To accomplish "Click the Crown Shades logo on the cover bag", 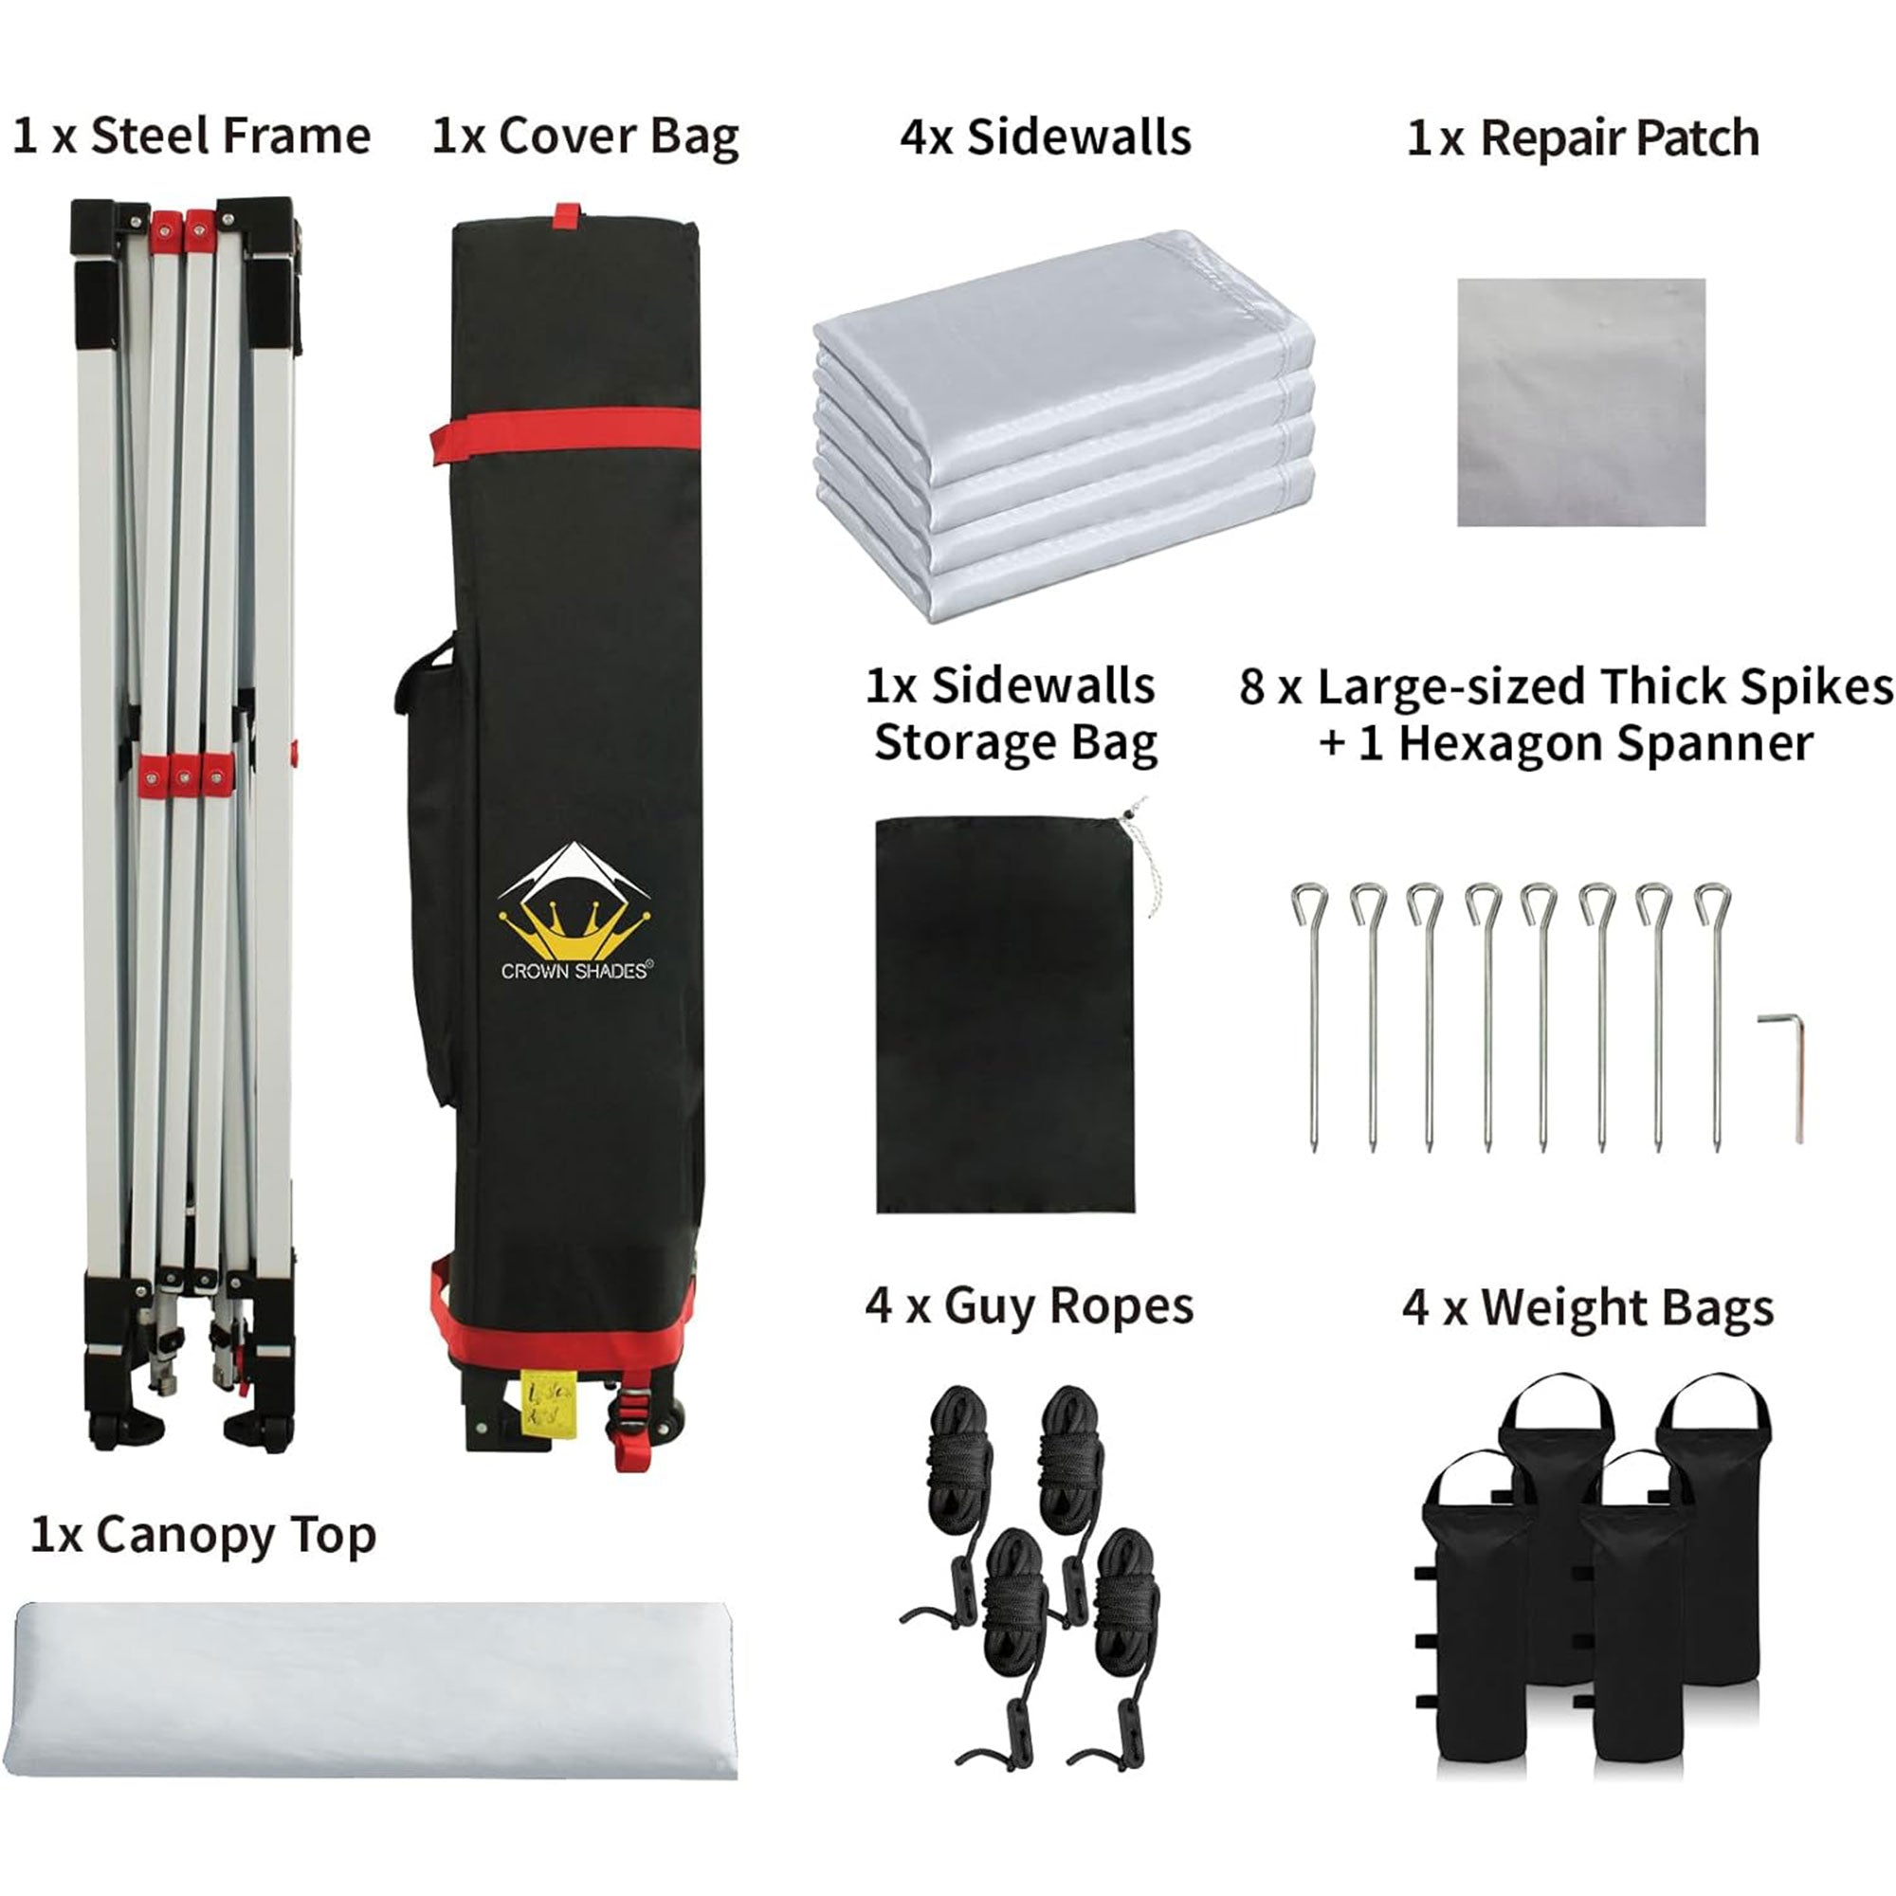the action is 575,911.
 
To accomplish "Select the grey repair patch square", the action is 1581,402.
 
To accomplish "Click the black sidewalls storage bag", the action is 1005,1013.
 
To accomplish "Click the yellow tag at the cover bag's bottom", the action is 541,1402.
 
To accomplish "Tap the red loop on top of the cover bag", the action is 566,215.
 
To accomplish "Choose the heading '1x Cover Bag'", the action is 585,137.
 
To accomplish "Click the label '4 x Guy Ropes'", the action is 1030,1307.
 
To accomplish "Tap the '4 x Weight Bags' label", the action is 1588,1308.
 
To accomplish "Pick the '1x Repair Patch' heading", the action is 1583,138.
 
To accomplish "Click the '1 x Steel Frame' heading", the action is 191,137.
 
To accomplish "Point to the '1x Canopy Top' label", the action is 203,1536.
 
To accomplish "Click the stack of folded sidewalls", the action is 1064,426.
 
